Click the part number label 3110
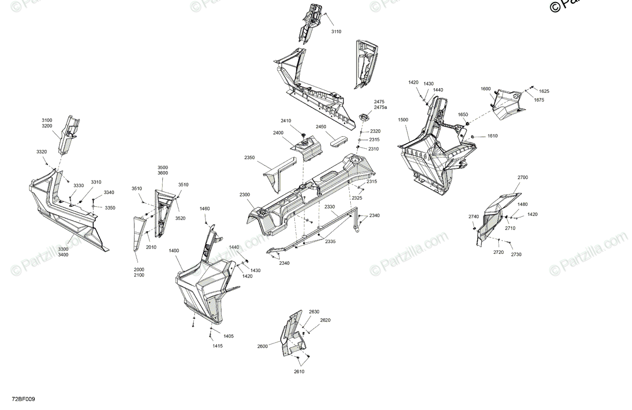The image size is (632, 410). [x=336, y=32]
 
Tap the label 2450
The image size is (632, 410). [x=321, y=127]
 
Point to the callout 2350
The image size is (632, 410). [x=250, y=157]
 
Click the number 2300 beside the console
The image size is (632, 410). [x=245, y=195]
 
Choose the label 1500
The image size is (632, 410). [x=403, y=120]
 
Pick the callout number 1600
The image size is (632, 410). [x=486, y=89]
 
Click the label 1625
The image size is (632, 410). [x=544, y=91]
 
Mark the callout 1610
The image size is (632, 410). [x=492, y=136]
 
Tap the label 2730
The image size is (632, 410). [x=516, y=254]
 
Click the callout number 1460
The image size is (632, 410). [x=205, y=209]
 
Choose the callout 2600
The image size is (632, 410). [x=262, y=346]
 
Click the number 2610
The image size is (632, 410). [x=299, y=372]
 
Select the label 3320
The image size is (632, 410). [x=42, y=151]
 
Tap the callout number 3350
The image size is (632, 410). [x=110, y=208]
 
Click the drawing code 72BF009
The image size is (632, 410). [x=24, y=399]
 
